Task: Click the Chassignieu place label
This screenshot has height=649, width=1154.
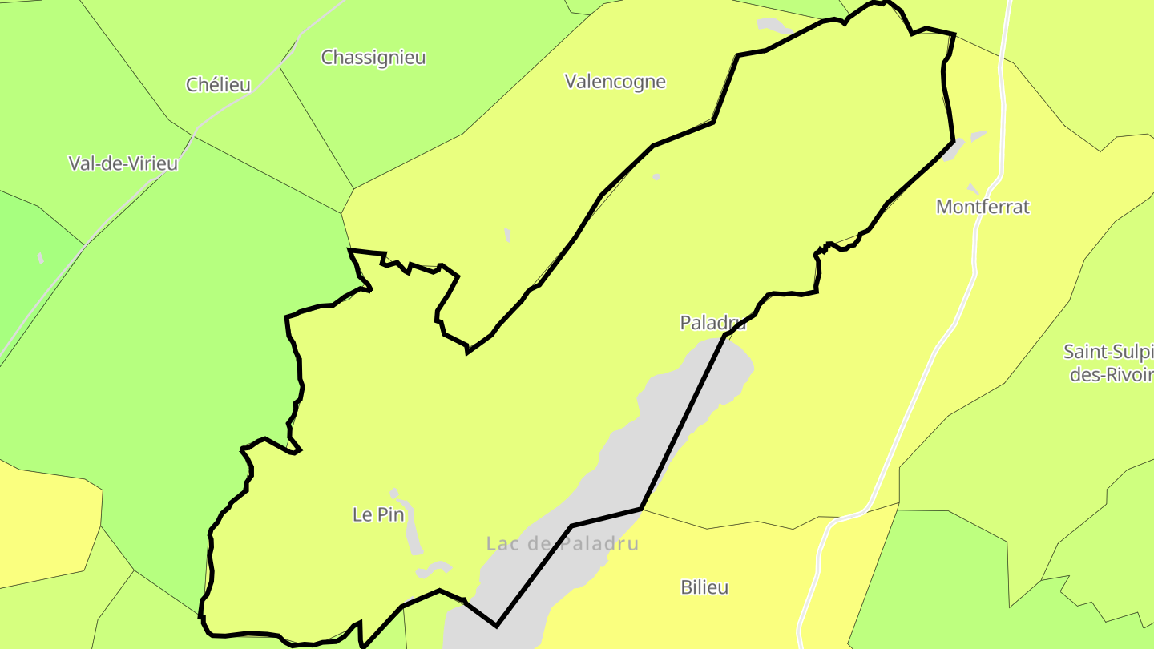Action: pos(373,58)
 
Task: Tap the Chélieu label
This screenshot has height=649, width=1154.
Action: pos(218,84)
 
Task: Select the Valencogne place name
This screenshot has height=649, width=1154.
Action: pos(615,81)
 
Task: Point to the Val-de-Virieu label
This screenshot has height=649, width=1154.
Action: pos(123,163)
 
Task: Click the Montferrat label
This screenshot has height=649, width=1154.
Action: pos(983,206)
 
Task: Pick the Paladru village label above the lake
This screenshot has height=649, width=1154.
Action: pos(712,322)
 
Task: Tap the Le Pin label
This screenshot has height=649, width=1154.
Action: pos(378,514)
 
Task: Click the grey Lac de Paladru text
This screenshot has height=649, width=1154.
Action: pos(562,543)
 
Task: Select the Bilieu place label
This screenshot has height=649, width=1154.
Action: pos(704,587)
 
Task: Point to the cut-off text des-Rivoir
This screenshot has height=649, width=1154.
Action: pos(1111,374)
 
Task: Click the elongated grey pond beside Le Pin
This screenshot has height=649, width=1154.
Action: pos(414,529)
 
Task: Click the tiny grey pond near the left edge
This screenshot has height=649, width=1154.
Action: pos(41,258)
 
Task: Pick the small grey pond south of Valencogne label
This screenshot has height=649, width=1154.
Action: pos(507,235)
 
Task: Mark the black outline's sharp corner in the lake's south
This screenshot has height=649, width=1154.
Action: pos(496,625)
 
